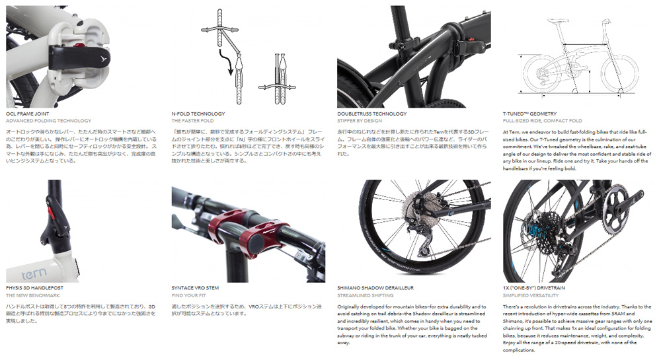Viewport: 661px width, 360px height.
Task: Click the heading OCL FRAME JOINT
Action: tap(27, 114)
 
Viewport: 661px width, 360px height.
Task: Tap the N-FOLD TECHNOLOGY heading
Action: tap(198, 114)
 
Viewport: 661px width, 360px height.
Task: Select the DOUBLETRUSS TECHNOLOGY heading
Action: tap(371, 114)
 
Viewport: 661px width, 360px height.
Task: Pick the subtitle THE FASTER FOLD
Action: tap(192, 121)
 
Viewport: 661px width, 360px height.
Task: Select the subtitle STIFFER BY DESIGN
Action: tap(359, 121)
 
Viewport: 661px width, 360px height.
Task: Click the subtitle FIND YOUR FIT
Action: tap(188, 295)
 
